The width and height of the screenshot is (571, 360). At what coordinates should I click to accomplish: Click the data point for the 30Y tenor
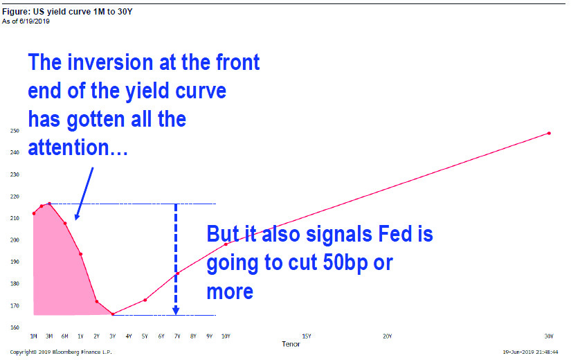click(549, 134)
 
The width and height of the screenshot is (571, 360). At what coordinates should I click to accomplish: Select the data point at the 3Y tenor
click(113, 314)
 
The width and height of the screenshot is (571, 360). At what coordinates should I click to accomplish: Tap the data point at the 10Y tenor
click(226, 244)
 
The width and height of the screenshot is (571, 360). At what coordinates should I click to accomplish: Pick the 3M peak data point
click(50, 204)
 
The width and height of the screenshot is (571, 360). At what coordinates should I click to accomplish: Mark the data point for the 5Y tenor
click(145, 300)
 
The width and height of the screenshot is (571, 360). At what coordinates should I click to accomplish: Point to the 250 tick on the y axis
click(15, 131)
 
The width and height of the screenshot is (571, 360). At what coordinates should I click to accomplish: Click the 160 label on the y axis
click(15, 327)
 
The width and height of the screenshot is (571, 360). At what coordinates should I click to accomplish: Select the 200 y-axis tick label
click(15, 240)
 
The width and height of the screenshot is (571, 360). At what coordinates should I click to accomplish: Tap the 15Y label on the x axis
click(307, 336)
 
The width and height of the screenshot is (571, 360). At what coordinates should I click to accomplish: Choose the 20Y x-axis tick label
click(388, 336)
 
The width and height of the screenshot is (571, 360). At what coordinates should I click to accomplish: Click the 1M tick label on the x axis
click(33, 336)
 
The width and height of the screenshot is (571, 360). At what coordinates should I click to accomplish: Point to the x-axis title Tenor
click(291, 344)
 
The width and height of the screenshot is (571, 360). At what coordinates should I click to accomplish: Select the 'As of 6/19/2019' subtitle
click(26, 21)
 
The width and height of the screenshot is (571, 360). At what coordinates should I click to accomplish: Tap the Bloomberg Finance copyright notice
click(61, 352)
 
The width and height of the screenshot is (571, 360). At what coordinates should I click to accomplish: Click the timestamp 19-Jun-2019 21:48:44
click(530, 352)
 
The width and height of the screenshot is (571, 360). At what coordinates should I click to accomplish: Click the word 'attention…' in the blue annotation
click(78, 147)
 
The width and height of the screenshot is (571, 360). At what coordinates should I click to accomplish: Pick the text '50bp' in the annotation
click(345, 262)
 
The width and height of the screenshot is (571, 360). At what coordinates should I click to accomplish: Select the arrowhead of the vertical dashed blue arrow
click(176, 311)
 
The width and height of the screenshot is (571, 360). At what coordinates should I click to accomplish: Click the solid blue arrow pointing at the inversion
click(84, 194)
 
